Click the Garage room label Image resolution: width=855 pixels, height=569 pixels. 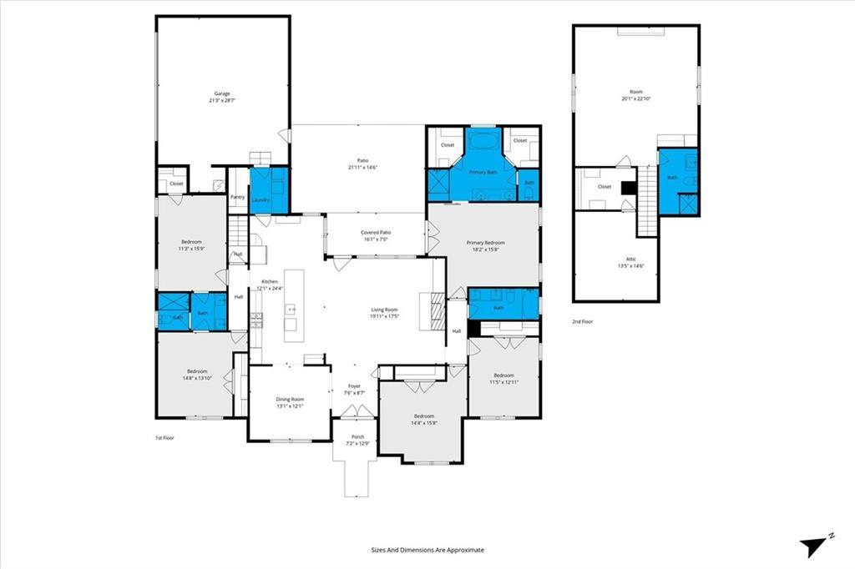pyautogui.click(x=221, y=97)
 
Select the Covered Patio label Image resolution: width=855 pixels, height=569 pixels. pyautogui.click(x=375, y=235)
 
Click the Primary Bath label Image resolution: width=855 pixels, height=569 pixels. pyautogui.click(x=483, y=172)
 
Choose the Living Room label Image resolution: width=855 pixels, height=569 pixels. pyautogui.click(x=384, y=313)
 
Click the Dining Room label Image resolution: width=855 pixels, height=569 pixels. pyautogui.click(x=290, y=402)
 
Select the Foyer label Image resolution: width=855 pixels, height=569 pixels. pyautogui.click(x=355, y=389)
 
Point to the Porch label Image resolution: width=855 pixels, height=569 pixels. pyautogui.click(x=356, y=440)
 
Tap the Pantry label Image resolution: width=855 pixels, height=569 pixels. pyautogui.click(x=237, y=198)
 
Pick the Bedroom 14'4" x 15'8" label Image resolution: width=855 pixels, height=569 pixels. pyautogui.click(x=423, y=419)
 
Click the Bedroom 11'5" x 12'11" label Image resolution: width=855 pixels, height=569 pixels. pyautogui.click(x=503, y=378)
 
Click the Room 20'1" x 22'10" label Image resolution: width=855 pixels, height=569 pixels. pyautogui.click(x=635, y=95)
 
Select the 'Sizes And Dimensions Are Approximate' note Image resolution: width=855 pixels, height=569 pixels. pyautogui.click(x=427, y=550)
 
